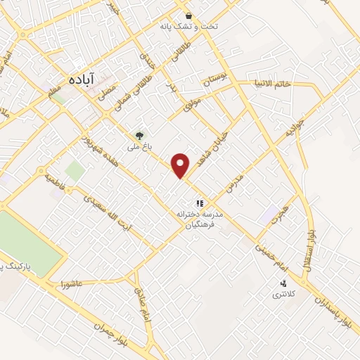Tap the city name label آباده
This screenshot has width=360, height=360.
click(x=82, y=79)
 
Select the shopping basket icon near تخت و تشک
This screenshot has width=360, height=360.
click(x=188, y=15)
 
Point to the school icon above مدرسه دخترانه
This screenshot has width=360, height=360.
click(x=199, y=202)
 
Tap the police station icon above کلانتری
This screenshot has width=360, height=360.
click(x=283, y=283)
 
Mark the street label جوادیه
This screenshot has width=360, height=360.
click(x=293, y=129)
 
